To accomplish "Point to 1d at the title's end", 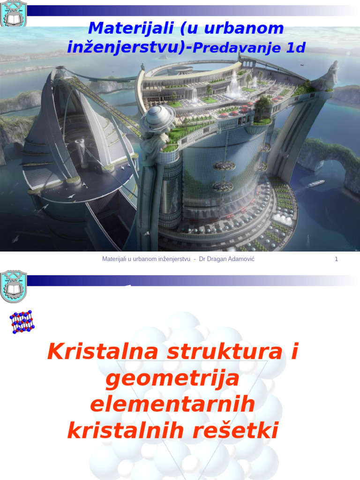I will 295,47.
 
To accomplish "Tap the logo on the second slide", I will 14,286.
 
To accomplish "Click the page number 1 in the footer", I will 336,259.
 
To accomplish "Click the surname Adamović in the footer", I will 241,259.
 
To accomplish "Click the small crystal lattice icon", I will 22,322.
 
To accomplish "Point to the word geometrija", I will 172,378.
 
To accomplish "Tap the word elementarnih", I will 172,404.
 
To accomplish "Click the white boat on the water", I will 316,183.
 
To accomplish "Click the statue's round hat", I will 158,118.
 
